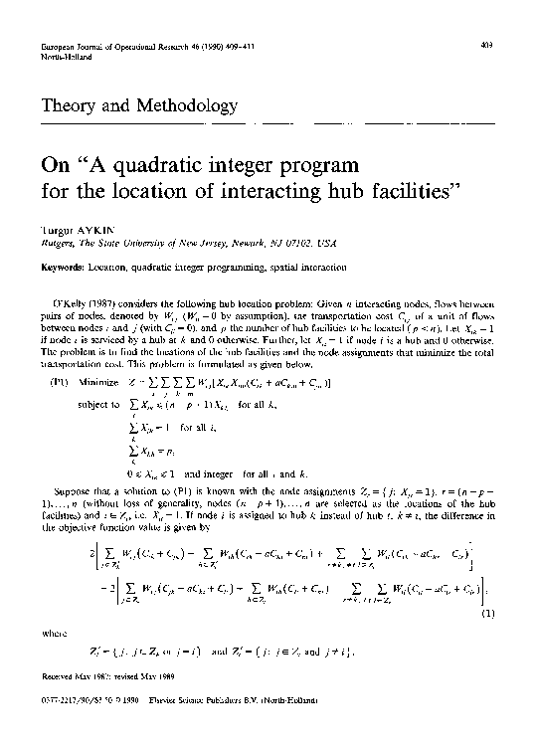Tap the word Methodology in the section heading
188,105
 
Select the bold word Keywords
62,266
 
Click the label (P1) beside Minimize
65,383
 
